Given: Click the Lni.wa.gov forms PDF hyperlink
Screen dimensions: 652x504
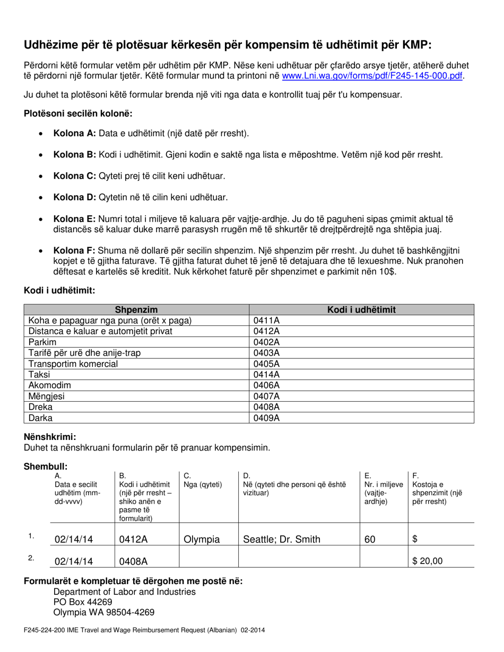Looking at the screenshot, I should pyautogui.click(x=372, y=76).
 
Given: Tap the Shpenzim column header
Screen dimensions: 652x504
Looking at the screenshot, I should pyautogui.click(x=136, y=310).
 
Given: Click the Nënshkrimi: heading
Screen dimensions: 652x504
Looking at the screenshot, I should pyautogui.click(x=50, y=437).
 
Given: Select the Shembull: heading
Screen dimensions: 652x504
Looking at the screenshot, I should pyautogui.click(x=46, y=466).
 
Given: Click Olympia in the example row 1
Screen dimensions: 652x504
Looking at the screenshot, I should pyautogui.click(x=202, y=540).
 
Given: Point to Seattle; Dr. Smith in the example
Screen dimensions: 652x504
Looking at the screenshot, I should pyautogui.click(x=281, y=540).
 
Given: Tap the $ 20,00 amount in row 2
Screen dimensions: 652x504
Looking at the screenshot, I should pyautogui.click(x=427, y=561).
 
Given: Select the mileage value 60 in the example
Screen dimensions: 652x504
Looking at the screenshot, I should pyautogui.click(x=370, y=540).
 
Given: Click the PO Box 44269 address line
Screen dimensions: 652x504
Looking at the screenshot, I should pyautogui.click(x=83, y=602).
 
